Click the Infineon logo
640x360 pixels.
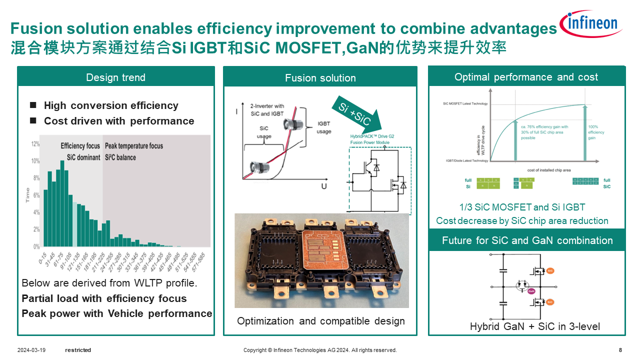coord(591,24)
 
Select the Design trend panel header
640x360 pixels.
coord(115,77)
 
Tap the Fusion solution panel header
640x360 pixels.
coord(320,78)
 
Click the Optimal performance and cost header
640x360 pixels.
coord(526,77)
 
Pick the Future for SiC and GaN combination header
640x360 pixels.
coord(527,240)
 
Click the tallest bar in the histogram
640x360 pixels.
coord(62,202)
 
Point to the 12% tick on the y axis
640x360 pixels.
coord(35,144)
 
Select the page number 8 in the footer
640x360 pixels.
coord(620,350)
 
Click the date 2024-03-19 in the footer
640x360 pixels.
coord(31,350)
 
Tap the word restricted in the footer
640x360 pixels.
coord(78,350)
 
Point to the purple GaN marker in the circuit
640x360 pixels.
coord(531,290)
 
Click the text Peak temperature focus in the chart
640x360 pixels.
coord(134,146)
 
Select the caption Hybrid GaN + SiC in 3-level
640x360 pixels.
coord(535,326)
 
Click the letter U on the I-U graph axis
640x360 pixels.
coord(324,186)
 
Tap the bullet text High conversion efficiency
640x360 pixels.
coord(111,105)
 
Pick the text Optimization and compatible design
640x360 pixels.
coord(321,321)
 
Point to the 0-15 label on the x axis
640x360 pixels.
coord(42,259)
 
